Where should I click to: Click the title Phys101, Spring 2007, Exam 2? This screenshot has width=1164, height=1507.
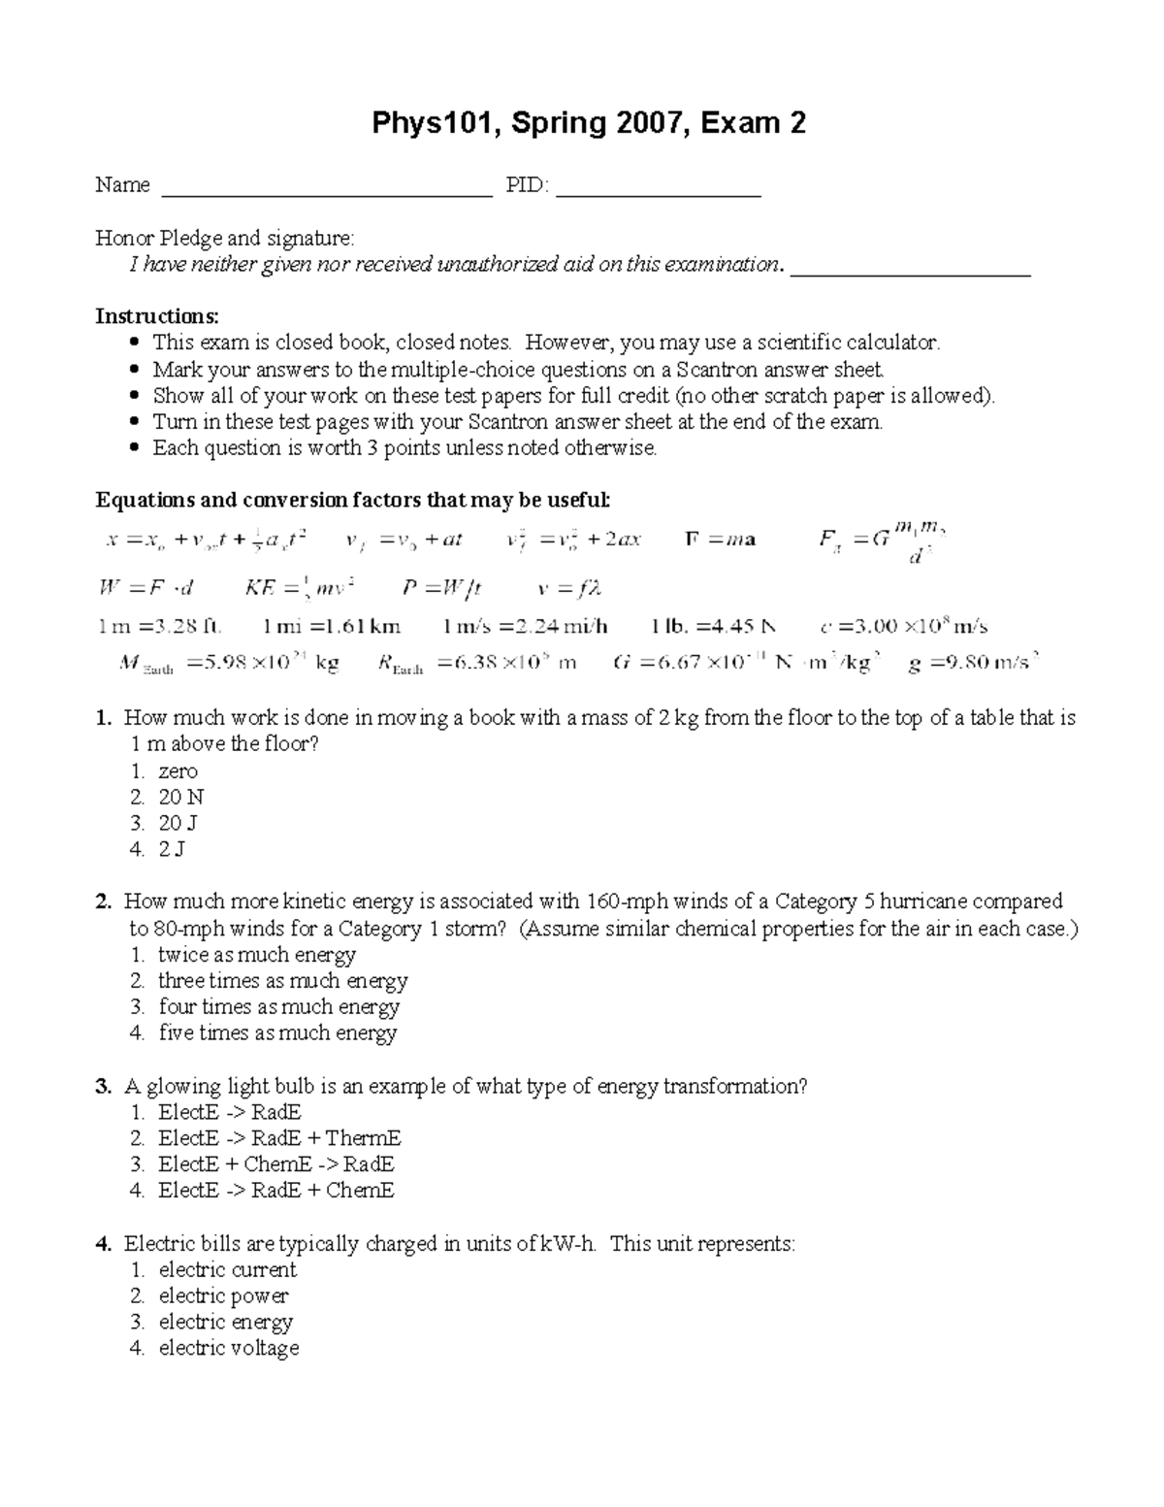(x=590, y=123)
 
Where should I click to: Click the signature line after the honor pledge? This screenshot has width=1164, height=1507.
(x=911, y=273)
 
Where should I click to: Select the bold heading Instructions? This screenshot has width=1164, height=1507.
(x=157, y=316)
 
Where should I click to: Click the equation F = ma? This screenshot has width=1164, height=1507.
(x=720, y=540)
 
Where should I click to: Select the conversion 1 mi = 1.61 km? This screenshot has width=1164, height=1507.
(x=332, y=627)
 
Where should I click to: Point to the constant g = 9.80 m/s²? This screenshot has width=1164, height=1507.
(x=973, y=664)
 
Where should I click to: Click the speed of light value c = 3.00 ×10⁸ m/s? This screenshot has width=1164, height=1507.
(x=903, y=627)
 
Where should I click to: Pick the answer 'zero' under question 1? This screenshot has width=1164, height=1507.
(x=178, y=771)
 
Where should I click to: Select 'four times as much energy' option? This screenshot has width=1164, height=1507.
(x=278, y=1006)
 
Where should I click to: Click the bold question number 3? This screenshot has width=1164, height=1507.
(x=103, y=1086)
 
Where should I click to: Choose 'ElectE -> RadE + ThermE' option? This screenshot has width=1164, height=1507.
(x=279, y=1138)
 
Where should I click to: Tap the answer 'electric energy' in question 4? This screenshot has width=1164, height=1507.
(x=225, y=1322)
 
